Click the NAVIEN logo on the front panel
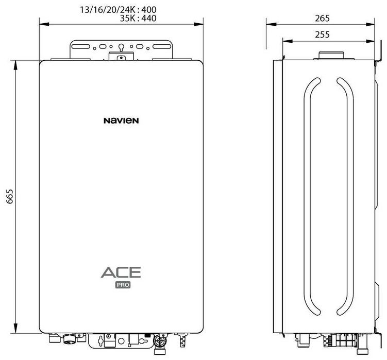[121, 121]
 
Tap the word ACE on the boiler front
[121, 273]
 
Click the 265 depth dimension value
[322, 18]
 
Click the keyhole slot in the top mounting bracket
[121, 48]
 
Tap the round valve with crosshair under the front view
[161, 342]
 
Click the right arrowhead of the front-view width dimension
[203, 24]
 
